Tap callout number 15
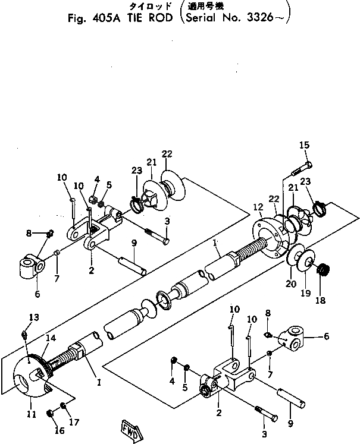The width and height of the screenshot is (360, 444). pyautogui.click(x=304, y=146)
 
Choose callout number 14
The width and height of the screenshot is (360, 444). pyautogui.click(x=51, y=338)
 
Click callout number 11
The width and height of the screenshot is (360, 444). pyautogui.click(x=31, y=414)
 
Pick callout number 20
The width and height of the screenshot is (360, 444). pyautogui.click(x=290, y=284)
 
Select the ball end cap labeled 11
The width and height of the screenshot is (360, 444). pyautogui.click(x=30, y=377)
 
